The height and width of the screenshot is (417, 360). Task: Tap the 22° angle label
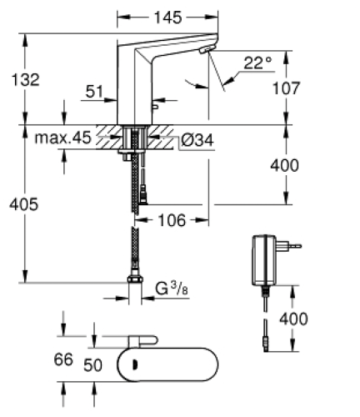click(x=258, y=63)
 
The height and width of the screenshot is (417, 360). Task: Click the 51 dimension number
click(x=95, y=93)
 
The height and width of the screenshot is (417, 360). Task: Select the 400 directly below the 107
click(x=285, y=165)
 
